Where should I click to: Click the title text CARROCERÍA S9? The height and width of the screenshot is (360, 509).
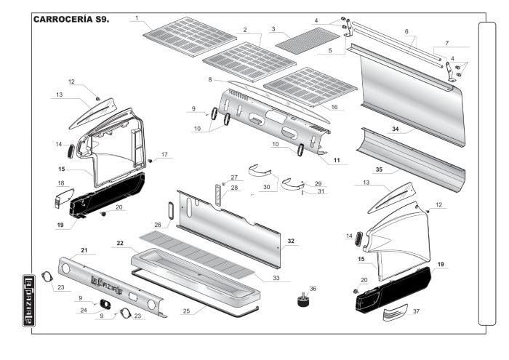(71, 18)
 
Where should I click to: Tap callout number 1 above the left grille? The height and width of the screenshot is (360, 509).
(135, 17)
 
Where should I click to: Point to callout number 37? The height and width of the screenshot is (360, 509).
(436, 311)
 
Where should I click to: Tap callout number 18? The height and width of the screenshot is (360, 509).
(61, 183)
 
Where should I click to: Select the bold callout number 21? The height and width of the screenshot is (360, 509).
(84, 250)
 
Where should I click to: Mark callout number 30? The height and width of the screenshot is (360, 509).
(266, 187)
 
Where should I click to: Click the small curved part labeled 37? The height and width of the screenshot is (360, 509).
(397, 313)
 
